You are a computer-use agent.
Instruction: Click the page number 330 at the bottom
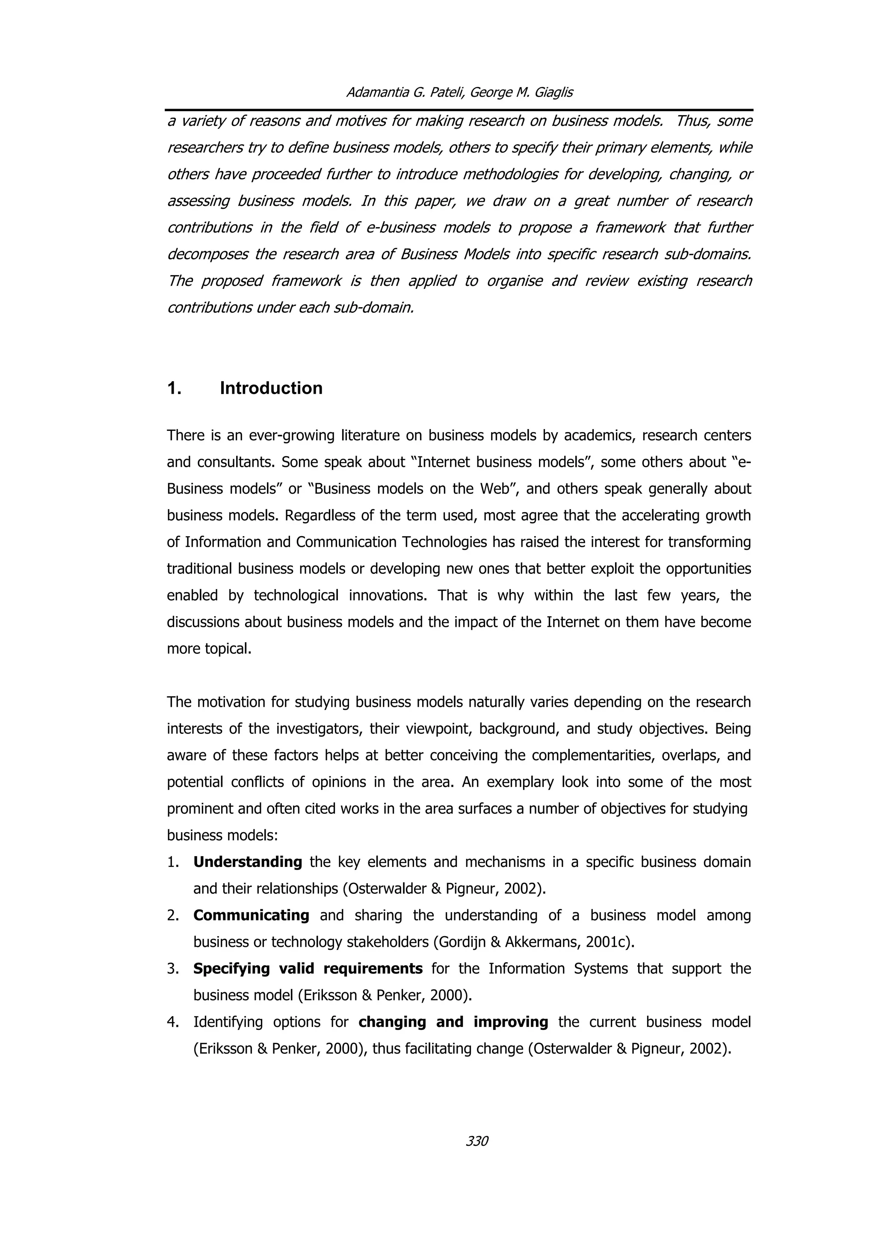(x=476, y=1141)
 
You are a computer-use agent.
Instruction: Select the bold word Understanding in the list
(x=248, y=862)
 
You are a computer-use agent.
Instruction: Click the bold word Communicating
(x=251, y=915)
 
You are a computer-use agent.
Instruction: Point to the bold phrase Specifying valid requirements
(x=308, y=968)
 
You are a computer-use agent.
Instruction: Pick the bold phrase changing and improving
(x=453, y=1022)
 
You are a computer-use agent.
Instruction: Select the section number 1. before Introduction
(x=174, y=389)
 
